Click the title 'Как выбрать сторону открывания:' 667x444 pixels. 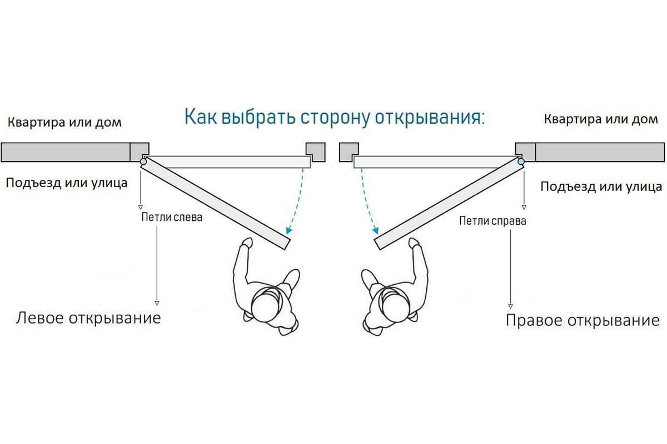(x=334, y=118)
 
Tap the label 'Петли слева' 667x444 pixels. (x=172, y=218)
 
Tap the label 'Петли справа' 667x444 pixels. (x=492, y=221)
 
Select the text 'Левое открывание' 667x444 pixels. (x=88, y=318)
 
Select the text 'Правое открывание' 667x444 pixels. (x=582, y=320)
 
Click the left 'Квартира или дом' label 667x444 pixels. (x=64, y=122)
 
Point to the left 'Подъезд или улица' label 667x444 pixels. (x=66, y=183)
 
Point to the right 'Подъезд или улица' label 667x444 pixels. (x=601, y=186)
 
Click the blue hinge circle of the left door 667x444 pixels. (x=143, y=162)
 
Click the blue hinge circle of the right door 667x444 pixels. (x=521, y=162)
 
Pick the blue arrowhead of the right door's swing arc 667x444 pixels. (x=377, y=230)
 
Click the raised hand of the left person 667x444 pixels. (x=247, y=243)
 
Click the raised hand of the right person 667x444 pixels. (x=414, y=243)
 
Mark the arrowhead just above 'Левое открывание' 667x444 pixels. (x=157, y=303)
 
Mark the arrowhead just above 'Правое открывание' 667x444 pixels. (x=510, y=306)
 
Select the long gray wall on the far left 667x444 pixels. (x=66, y=152)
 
